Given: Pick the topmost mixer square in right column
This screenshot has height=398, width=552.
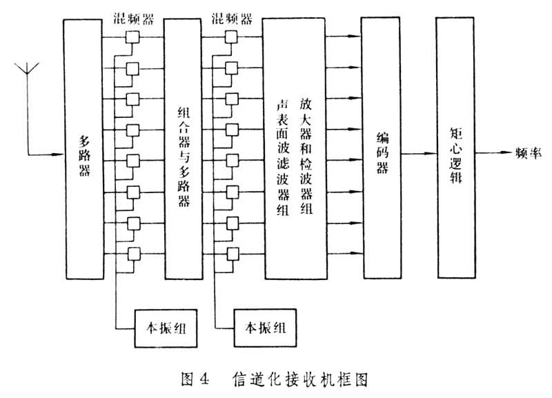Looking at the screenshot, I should (233, 38).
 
